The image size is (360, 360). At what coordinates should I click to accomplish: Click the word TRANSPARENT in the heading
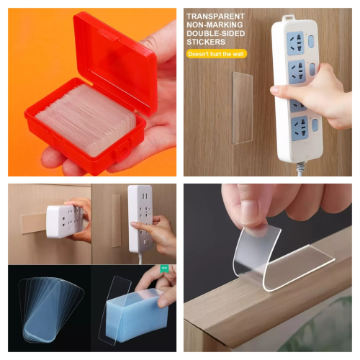[x=215, y=17]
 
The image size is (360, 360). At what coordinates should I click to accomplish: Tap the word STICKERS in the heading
[x=206, y=42]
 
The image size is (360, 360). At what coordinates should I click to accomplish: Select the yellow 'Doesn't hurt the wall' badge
[x=216, y=54]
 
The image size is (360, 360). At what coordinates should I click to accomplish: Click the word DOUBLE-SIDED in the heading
[x=216, y=33]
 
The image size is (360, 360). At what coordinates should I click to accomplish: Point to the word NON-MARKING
[x=215, y=24]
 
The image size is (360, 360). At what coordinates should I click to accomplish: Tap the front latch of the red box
[x=123, y=150]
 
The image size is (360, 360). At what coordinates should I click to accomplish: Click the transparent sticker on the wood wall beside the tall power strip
[x=243, y=108]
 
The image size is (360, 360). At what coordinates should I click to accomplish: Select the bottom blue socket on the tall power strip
[x=300, y=128]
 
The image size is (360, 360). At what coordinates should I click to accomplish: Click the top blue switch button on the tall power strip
[x=311, y=41]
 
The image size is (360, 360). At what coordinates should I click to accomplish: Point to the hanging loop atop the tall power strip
[x=289, y=18]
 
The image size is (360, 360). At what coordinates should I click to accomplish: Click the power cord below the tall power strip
[x=301, y=169]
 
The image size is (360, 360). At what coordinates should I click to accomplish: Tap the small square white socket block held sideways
[x=64, y=222]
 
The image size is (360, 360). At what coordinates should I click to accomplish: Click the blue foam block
[x=137, y=312]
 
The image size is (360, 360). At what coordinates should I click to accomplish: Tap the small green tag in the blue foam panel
[x=164, y=269]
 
